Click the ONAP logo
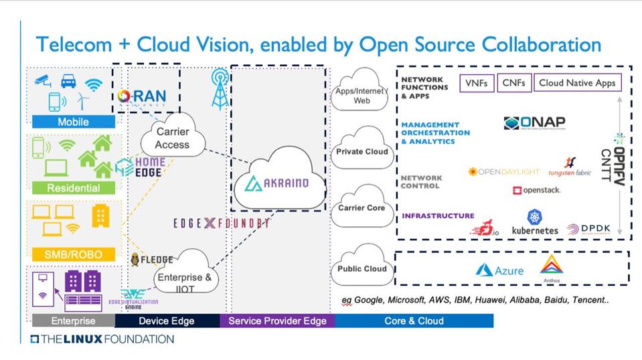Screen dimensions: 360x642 click(x=534, y=124)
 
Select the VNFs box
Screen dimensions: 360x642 click(x=477, y=83)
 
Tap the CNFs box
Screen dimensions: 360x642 click(x=514, y=83)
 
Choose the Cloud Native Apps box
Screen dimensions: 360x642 click(x=577, y=83)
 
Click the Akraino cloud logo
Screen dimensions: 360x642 click(x=276, y=181)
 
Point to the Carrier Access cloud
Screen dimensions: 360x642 click(x=172, y=138)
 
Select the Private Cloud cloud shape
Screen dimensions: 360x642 click(x=362, y=151)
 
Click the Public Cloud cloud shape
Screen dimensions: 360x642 click(x=362, y=268)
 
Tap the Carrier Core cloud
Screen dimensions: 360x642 click(x=362, y=208)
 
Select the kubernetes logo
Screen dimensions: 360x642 click(x=534, y=223)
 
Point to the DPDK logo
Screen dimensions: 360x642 click(x=588, y=229)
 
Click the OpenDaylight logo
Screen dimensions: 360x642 click(x=503, y=172)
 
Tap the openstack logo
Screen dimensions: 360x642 click(x=536, y=191)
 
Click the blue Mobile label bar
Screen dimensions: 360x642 click(x=73, y=122)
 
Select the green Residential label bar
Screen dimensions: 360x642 click(x=73, y=188)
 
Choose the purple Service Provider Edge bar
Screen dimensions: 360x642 click(x=277, y=321)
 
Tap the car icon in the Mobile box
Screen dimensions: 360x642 click(x=68, y=82)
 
